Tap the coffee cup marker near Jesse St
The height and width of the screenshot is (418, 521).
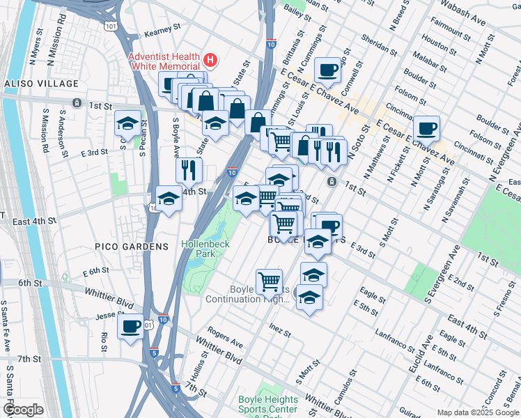[x=130, y=326]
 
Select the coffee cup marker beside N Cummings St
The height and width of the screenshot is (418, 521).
[x=327, y=70]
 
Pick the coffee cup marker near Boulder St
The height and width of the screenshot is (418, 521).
[x=426, y=128]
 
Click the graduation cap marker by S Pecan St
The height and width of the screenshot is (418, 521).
[x=127, y=123]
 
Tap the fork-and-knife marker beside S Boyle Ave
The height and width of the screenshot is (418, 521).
[x=189, y=169]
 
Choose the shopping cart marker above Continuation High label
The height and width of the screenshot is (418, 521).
[x=270, y=281]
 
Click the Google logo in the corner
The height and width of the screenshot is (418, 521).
[x=22, y=410]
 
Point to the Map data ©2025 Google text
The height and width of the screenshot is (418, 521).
[x=478, y=412]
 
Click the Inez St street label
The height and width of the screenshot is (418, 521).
[x=279, y=325]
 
